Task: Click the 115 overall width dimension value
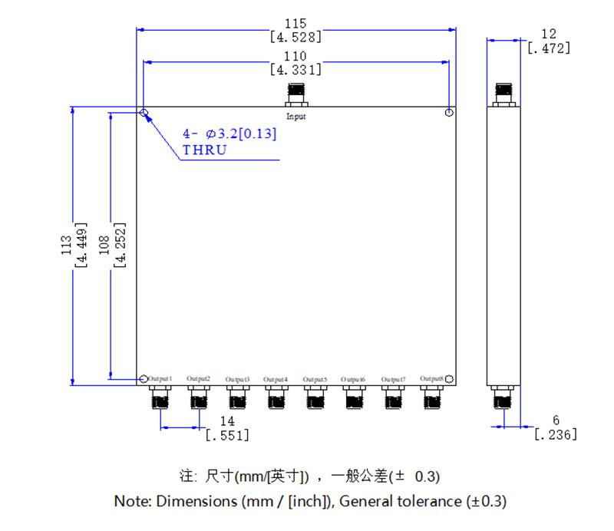[296, 24]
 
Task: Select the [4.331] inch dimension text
[296, 69]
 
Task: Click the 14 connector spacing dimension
[227, 421]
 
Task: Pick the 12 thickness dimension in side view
[548, 34]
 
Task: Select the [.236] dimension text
[555, 434]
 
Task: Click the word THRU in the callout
[204, 150]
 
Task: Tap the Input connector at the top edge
[296, 95]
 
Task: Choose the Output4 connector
[276, 397]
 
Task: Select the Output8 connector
[432, 397]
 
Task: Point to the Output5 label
[315, 379]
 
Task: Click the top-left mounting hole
[144, 113]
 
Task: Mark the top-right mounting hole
[450, 113]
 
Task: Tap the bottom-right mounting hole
[450, 379]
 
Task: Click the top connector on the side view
[503, 93]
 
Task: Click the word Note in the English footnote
[133, 502]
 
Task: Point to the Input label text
[296, 117]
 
